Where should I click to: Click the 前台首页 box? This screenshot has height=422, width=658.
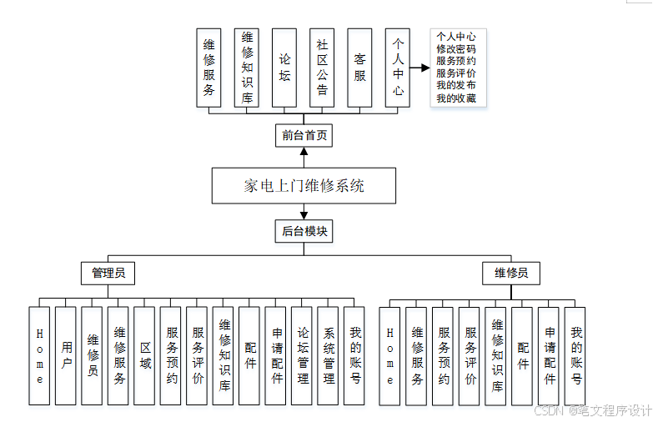click(x=304, y=135)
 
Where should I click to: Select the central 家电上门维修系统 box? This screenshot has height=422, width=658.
click(x=304, y=186)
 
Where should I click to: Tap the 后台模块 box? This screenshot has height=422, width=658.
click(x=304, y=232)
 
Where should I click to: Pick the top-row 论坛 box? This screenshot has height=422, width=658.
click(x=284, y=68)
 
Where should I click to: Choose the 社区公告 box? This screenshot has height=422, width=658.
click(x=322, y=68)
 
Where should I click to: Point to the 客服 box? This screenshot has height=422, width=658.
click(x=359, y=68)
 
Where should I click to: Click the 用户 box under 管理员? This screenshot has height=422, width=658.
click(x=66, y=356)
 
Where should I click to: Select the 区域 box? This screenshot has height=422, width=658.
click(x=145, y=356)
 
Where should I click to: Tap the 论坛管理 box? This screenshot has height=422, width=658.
click(x=302, y=356)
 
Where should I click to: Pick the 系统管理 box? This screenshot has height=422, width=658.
click(x=329, y=356)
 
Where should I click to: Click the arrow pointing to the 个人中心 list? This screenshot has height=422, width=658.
click(x=421, y=68)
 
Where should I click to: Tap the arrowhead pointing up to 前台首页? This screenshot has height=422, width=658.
click(x=304, y=153)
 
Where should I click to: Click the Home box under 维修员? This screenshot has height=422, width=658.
click(x=389, y=356)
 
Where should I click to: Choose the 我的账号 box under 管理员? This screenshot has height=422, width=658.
click(x=354, y=356)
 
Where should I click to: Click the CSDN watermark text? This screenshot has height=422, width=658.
click(x=547, y=410)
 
